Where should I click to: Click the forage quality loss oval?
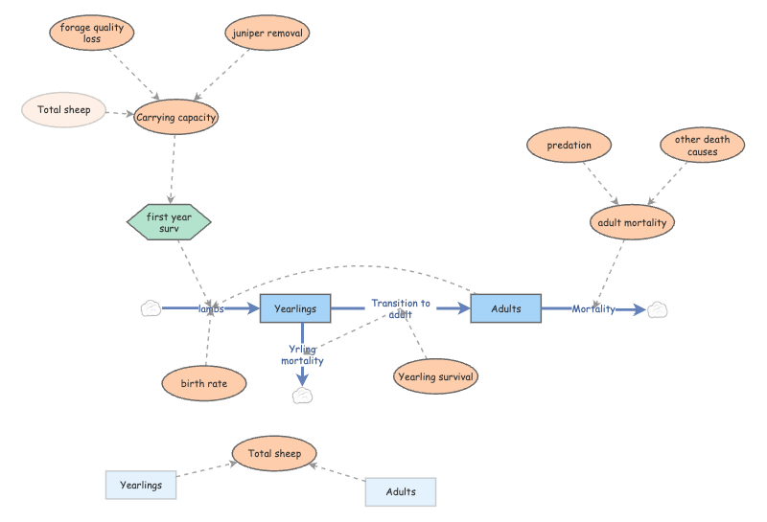pyautogui.click(x=91, y=33)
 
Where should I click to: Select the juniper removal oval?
pyautogui.click(x=267, y=33)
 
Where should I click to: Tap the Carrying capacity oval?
pyautogui.click(x=175, y=117)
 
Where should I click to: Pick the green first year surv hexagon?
pyautogui.click(x=169, y=222)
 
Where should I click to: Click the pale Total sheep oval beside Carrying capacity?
pyautogui.click(x=63, y=110)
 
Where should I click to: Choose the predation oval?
pyautogui.click(x=569, y=146)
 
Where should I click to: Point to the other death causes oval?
pyautogui.click(x=703, y=146)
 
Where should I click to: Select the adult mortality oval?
pyautogui.click(x=632, y=222)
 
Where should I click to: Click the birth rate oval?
pyautogui.click(x=204, y=383)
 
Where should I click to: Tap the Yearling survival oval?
pyautogui.click(x=435, y=376)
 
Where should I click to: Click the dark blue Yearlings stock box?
pyautogui.click(x=295, y=308)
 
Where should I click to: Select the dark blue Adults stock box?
pyautogui.click(x=506, y=308)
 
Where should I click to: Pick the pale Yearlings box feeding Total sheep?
pyautogui.click(x=141, y=485)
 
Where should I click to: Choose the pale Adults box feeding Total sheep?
pyautogui.click(x=401, y=491)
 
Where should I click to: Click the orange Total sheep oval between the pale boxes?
pyautogui.click(x=274, y=454)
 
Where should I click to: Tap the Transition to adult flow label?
pyautogui.click(x=401, y=309)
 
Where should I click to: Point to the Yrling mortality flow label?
pyautogui.click(x=302, y=354)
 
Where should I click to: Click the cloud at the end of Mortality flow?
pyautogui.click(x=657, y=310)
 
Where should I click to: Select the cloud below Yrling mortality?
pyautogui.click(x=302, y=396)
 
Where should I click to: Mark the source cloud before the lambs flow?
pyautogui.click(x=151, y=308)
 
